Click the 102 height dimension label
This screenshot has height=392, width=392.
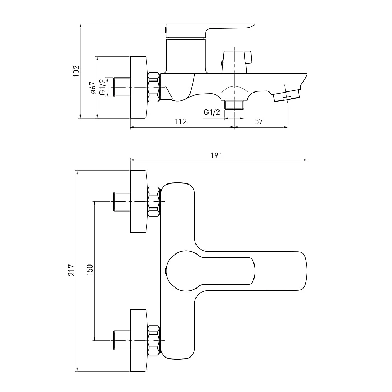pos(76,71)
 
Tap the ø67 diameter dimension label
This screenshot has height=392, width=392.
pos(93,88)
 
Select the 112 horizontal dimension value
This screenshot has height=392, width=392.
pos(180,121)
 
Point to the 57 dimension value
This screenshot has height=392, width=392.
pos(259,121)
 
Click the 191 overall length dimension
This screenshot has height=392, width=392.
pos(216,156)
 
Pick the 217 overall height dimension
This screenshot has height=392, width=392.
pos(72,270)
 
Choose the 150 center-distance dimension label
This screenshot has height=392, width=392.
pos(90,270)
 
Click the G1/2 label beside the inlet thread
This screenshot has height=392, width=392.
pos(103,87)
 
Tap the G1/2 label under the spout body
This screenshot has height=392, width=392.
pos(212,112)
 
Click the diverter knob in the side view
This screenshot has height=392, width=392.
pos(237,62)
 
